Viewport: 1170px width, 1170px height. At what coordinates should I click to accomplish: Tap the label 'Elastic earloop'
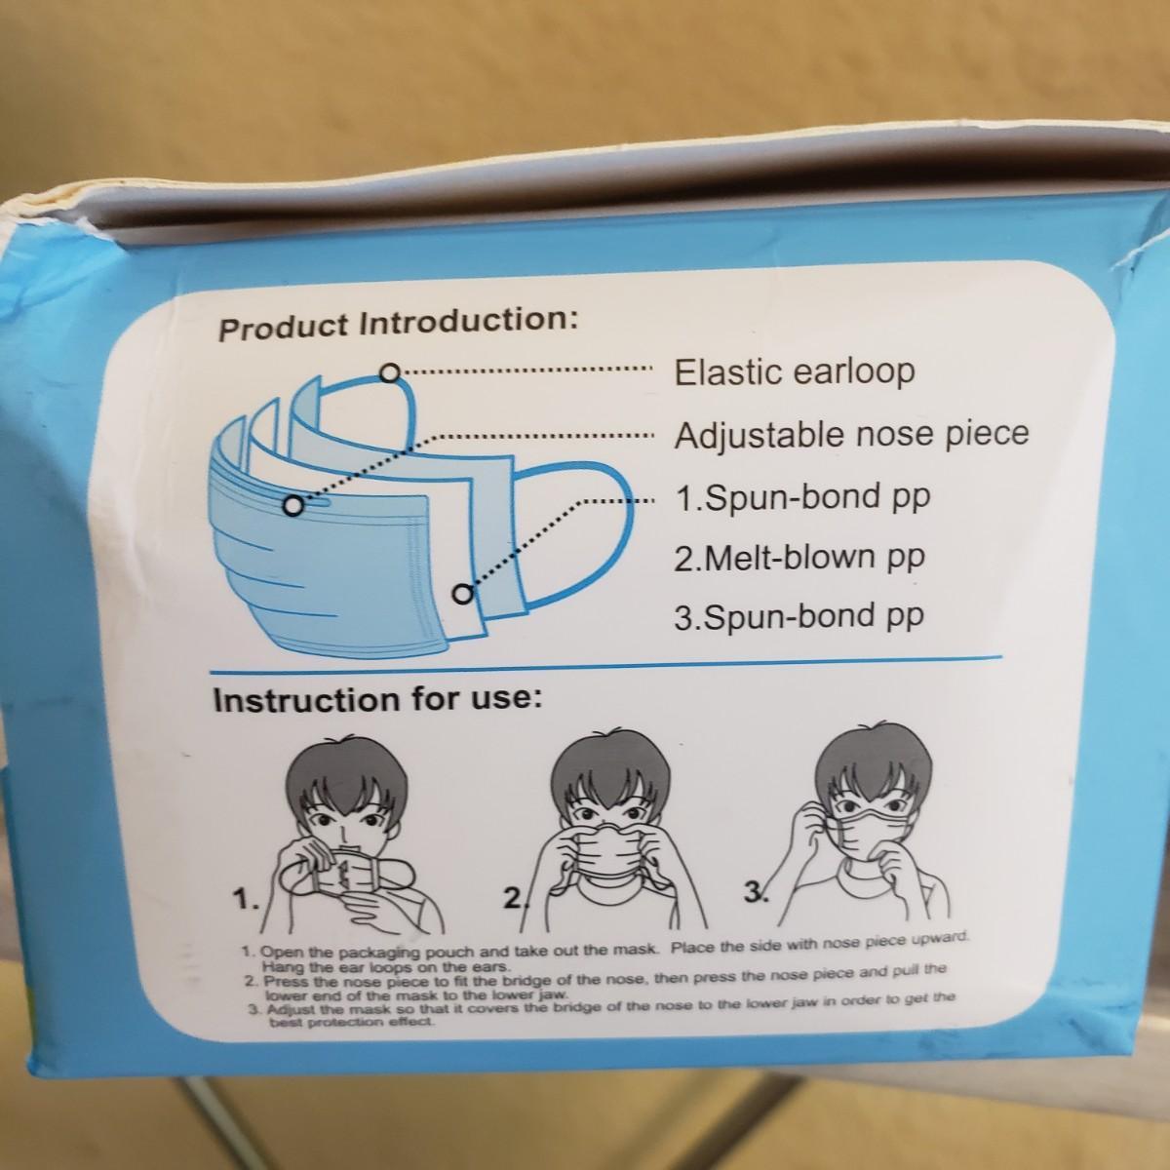click(795, 371)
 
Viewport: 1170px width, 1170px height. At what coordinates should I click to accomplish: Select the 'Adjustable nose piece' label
click(851, 434)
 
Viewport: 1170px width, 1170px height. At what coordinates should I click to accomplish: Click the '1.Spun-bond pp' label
click(802, 496)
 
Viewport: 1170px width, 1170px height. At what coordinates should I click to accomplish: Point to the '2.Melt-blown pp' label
click(799, 557)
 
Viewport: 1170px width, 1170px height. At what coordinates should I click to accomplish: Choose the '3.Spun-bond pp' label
click(799, 615)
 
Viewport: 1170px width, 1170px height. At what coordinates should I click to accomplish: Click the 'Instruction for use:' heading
click(377, 699)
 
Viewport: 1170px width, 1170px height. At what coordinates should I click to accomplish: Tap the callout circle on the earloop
click(389, 372)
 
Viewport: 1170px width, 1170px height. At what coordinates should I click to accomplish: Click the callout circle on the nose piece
click(293, 505)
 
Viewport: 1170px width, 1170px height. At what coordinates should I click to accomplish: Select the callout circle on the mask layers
click(463, 593)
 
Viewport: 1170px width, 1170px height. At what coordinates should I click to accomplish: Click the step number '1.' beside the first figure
click(247, 901)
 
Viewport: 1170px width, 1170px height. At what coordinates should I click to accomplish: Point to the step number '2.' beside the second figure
click(517, 899)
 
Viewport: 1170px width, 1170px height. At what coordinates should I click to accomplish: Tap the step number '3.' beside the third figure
click(756, 891)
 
